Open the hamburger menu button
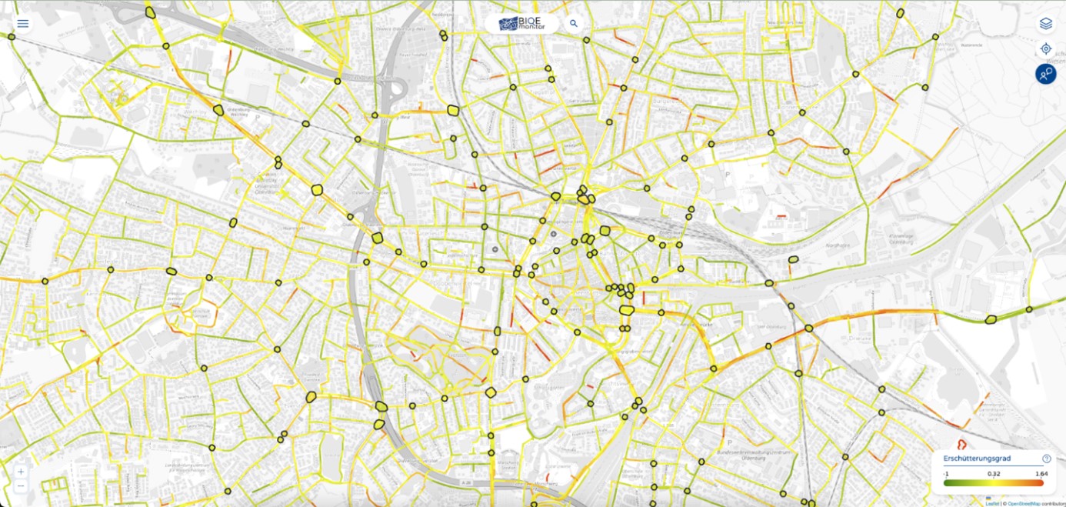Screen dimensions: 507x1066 point(23,23)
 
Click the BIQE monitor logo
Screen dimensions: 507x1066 point(522,24)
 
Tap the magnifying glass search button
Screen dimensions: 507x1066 point(574,24)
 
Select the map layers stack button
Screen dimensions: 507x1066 point(1045,23)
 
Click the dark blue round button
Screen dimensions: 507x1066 point(1045,74)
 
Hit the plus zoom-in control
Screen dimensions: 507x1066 point(21,471)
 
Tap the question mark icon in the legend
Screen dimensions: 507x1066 point(1046,459)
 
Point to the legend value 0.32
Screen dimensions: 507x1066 point(993,474)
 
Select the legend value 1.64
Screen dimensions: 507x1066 point(1041,474)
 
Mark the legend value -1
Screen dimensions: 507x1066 point(946,474)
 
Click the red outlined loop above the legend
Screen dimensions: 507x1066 point(961,445)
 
